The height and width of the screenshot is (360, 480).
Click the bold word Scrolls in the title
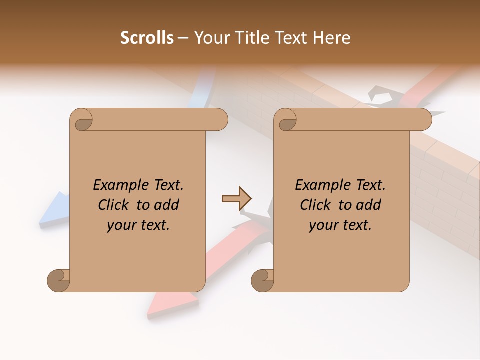(x=147, y=38)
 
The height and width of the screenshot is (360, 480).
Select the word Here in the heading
(x=331, y=38)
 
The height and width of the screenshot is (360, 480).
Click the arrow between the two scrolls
(x=236, y=199)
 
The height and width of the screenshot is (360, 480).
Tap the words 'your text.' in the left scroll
(x=138, y=225)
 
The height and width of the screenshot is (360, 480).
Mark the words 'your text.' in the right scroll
(x=340, y=225)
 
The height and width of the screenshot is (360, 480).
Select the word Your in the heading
(x=211, y=38)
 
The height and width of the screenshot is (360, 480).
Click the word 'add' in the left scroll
(x=167, y=205)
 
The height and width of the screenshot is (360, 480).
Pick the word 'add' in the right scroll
(x=369, y=205)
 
